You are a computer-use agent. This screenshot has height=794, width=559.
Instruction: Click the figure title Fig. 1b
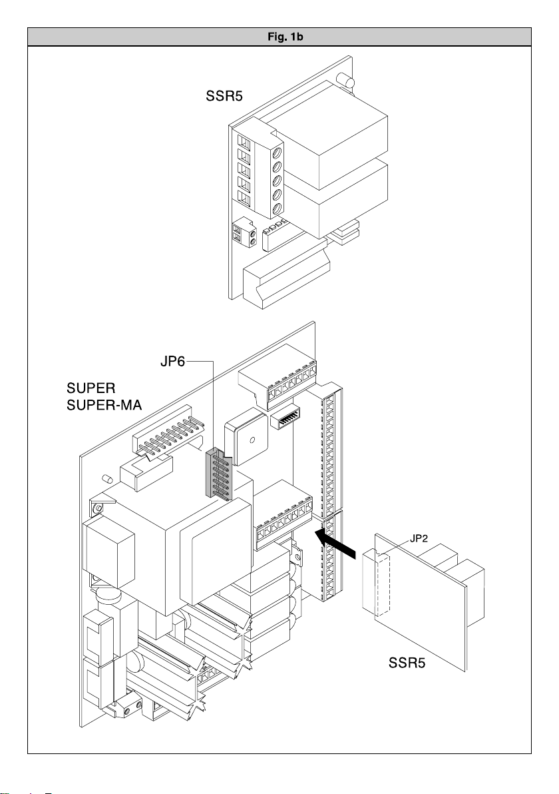(x=279, y=36)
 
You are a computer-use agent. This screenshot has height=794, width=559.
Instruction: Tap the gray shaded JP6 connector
(x=216, y=473)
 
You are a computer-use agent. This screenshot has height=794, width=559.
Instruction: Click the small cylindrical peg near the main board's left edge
(x=106, y=478)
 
